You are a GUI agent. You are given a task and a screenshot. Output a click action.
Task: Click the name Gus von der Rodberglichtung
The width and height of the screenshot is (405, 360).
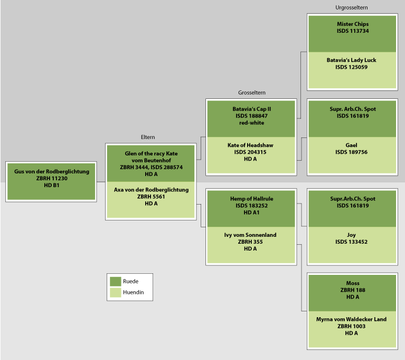coord(51,171)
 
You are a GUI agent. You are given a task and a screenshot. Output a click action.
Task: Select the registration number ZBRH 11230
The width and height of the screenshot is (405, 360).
coord(51,178)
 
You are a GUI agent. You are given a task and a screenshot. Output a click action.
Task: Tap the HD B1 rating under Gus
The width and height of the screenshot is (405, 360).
coord(51,185)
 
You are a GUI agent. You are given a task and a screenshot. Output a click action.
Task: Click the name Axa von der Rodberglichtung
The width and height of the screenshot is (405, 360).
coord(151,190)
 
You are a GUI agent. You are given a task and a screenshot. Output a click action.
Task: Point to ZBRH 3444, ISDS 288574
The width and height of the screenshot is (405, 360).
coord(151,167)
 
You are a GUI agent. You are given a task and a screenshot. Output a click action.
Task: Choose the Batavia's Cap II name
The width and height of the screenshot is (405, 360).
coord(251,109)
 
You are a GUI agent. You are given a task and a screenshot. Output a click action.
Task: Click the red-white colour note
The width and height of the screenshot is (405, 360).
coord(251,123)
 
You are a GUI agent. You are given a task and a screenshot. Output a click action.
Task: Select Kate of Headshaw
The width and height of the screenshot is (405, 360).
coord(251,145)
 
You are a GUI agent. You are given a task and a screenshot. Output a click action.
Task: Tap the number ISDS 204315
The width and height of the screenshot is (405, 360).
coord(251,152)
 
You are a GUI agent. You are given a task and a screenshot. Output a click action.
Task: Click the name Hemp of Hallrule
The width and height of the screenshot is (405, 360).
coord(251,199)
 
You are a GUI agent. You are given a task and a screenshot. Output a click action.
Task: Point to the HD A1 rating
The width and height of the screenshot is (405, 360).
coord(251,213)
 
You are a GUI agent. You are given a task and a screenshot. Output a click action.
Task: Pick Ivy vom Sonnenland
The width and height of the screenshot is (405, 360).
coord(251,235)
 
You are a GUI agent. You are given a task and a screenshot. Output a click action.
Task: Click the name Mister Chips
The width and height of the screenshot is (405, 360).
coord(352,24)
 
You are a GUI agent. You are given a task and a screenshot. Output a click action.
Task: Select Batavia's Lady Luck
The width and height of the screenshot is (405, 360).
coord(352,60)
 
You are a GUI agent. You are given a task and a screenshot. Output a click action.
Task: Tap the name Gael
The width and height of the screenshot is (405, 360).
coord(352,145)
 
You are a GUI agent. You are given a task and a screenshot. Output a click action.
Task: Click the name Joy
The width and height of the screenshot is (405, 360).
coord(352,235)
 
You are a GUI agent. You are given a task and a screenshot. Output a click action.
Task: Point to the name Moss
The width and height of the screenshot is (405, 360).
coord(352,283)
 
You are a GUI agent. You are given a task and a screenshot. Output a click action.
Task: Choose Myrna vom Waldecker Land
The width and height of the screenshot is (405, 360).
coord(352,319)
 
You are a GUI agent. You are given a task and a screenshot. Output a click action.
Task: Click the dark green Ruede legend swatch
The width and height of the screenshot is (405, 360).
coord(115,281)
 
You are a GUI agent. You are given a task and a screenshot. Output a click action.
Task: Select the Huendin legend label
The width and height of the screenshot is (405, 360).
coord(133,292)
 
